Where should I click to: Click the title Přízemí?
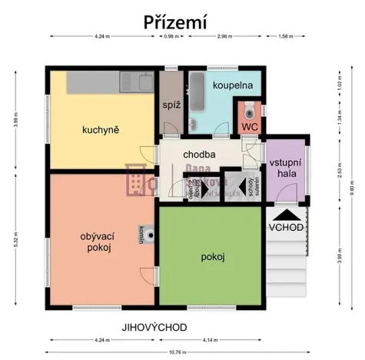175,22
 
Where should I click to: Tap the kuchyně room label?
101,129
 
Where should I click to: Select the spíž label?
171,105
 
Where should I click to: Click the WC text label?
250,127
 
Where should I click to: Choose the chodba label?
199,154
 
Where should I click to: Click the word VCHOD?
285,228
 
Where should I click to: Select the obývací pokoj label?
96,242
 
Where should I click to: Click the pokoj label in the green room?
212,257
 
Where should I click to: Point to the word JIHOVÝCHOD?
154,327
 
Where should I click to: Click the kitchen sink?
141,79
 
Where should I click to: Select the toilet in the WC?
250,109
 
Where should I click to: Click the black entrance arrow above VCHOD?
285,215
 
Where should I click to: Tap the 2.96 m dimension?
224,36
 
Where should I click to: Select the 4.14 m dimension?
212,339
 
